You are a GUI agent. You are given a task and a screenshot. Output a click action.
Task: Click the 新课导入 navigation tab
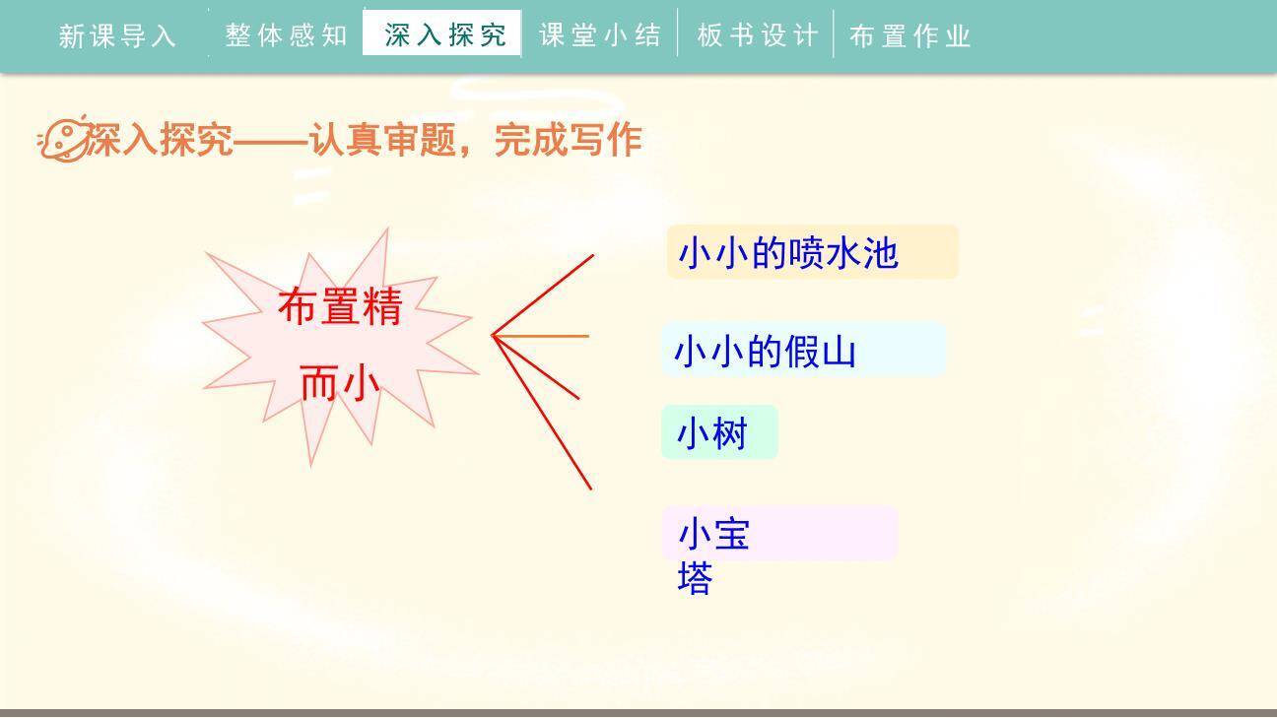[x=117, y=36]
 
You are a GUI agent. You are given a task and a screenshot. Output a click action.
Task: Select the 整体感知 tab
[x=286, y=36]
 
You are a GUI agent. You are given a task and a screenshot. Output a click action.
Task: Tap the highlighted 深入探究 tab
[x=444, y=35]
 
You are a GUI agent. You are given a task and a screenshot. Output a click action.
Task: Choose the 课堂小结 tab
[x=600, y=36]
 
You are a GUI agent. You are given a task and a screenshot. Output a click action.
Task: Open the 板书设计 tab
[x=757, y=36]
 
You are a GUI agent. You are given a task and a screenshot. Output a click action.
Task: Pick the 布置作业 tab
[x=910, y=36]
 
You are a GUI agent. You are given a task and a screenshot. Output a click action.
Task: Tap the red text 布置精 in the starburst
[x=340, y=306]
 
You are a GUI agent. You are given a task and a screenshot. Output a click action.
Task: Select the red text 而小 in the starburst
[x=340, y=383]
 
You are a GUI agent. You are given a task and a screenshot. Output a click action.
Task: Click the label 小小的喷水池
[x=788, y=253]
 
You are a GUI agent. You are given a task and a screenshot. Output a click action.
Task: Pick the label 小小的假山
[x=765, y=351]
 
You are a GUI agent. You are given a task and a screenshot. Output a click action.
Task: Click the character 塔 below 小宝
[x=695, y=578]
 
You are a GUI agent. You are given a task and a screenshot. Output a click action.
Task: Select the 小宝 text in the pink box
[x=714, y=535]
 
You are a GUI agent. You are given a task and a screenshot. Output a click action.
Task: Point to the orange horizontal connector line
[x=542, y=336]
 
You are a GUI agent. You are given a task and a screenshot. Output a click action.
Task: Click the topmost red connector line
[x=544, y=294]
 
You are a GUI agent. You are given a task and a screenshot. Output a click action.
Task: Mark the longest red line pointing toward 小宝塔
[x=543, y=414]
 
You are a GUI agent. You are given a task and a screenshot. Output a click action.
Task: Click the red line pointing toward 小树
[x=537, y=367]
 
